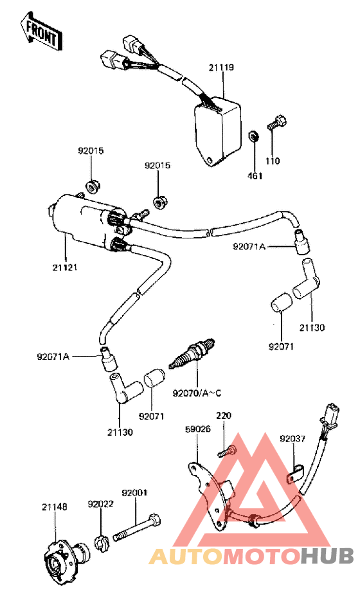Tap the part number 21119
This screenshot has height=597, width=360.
coord(221,67)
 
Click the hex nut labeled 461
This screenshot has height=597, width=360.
coord(252,136)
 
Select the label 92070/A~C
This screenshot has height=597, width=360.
coord(197,393)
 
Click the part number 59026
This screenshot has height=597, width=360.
coord(198,429)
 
